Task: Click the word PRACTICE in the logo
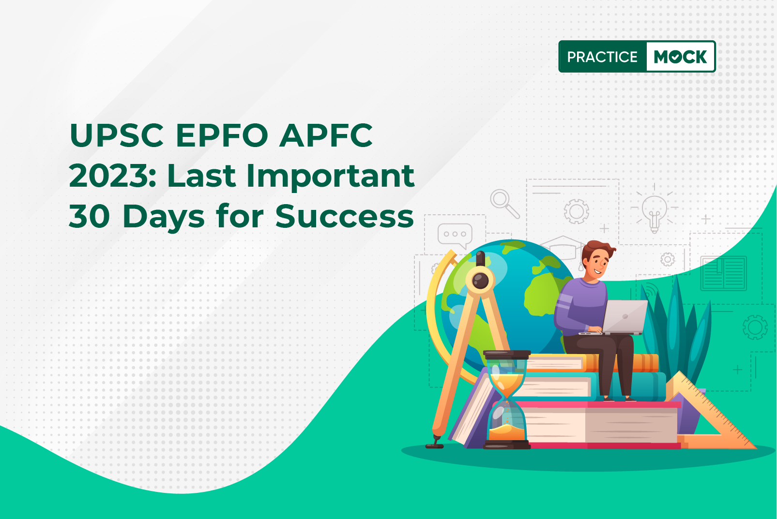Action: pyautogui.click(x=602, y=57)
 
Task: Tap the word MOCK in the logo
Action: pyautogui.click(x=680, y=57)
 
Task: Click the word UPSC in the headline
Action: pyautogui.click(x=117, y=135)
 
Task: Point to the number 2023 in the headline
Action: pyautogui.click(x=111, y=176)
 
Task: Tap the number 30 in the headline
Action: pyautogui.click(x=89, y=217)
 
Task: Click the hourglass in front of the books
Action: pyautogui.click(x=507, y=399)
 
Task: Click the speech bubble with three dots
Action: pyautogui.click(x=455, y=236)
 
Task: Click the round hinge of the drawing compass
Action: pyautogui.click(x=480, y=280)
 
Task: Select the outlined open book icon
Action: pyautogui.click(x=724, y=273)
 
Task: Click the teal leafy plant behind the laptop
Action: pyautogui.click(x=676, y=333)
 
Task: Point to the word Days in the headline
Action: pyautogui.click(x=163, y=218)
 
